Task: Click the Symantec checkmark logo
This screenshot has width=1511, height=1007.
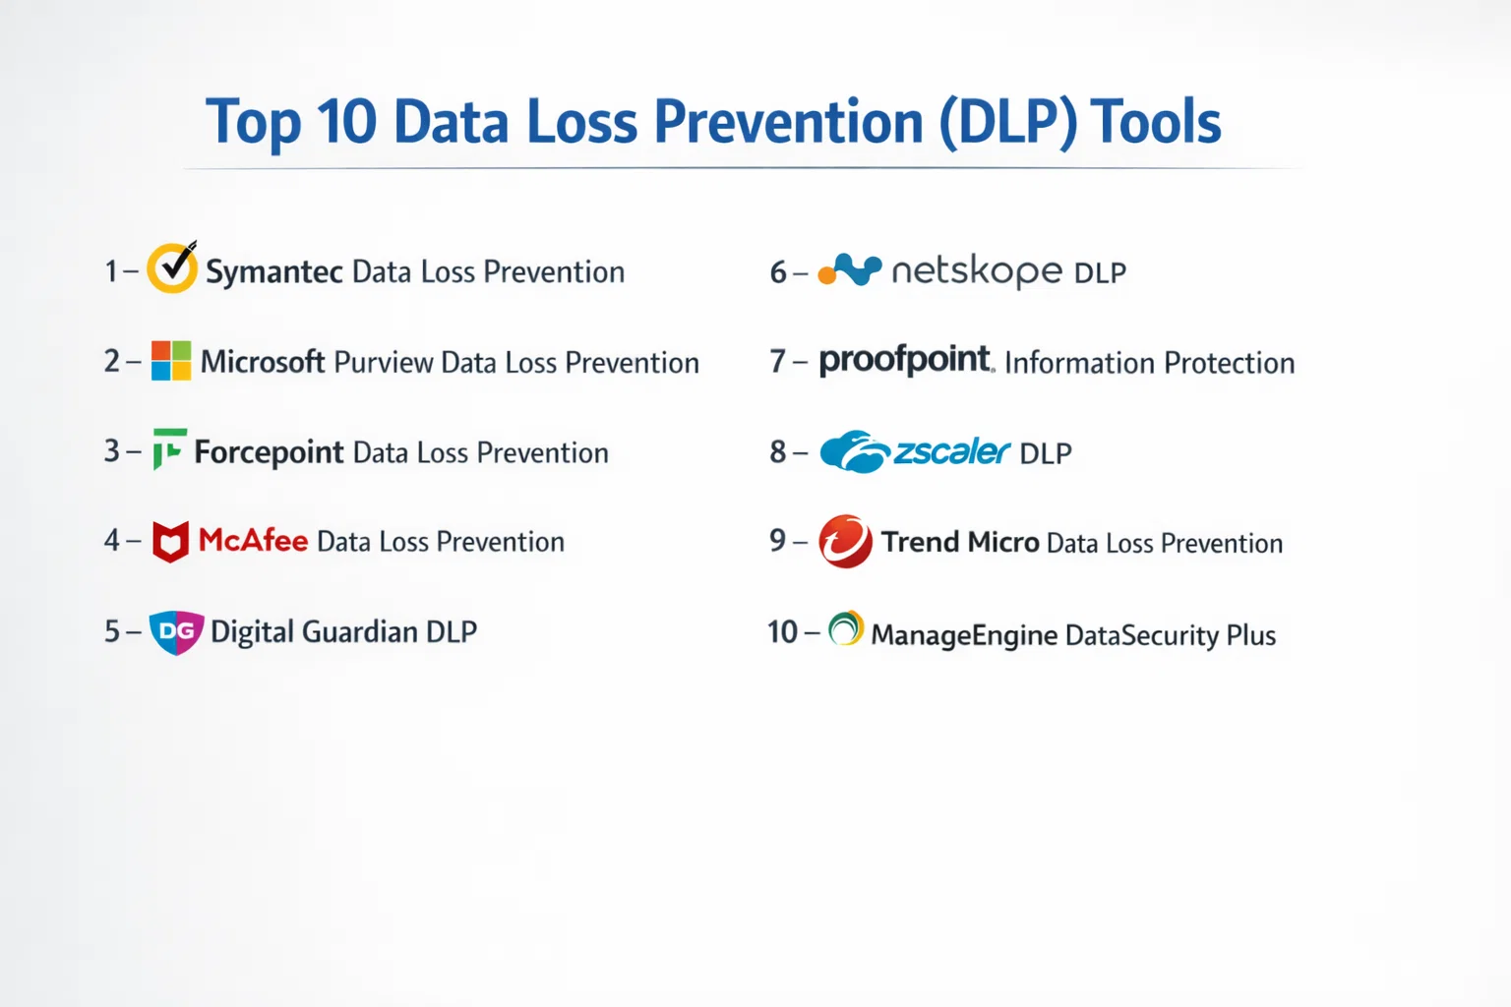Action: point(173,267)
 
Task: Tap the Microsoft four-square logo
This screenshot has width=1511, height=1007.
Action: point(171,361)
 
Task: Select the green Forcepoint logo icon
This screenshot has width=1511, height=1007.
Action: point(169,448)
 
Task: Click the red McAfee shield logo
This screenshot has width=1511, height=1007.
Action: point(170,542)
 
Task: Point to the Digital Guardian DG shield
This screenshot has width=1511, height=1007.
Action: point(176,632)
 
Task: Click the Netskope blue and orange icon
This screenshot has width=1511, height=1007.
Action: point(850,269)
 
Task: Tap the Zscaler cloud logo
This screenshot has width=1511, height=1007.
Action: point(855,451)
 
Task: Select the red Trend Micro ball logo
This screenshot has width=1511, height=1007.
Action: point(845,542)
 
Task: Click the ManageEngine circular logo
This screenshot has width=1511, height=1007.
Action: point(846,628)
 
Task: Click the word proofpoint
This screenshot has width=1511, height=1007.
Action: point(906,360)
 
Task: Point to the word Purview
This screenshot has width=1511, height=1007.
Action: point(383,363)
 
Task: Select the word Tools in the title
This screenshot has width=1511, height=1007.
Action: point(1155,122)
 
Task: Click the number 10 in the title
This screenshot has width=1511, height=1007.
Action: point(346,122)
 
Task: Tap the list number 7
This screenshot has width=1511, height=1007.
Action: point(777,362)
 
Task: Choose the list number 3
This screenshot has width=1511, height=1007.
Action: point(112,450)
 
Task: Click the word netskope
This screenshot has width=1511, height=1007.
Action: point(977,271)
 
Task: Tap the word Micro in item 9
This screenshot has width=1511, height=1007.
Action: point(1003,542)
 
